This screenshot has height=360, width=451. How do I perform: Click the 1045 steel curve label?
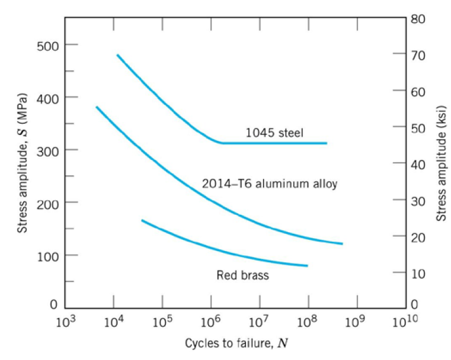click(x=274, y=134)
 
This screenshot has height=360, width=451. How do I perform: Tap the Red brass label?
click(x=242, y=275)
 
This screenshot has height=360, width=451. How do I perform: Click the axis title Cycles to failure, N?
click(x=238, y=343)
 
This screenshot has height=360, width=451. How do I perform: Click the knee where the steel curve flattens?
click(x=221, y=143)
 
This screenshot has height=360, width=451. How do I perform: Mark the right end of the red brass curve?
click(x=308, y=266)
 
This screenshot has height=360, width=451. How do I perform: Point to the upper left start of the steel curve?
click(x=117, y=55)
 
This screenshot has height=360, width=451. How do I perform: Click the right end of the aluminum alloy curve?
click(x=343, y=244)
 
